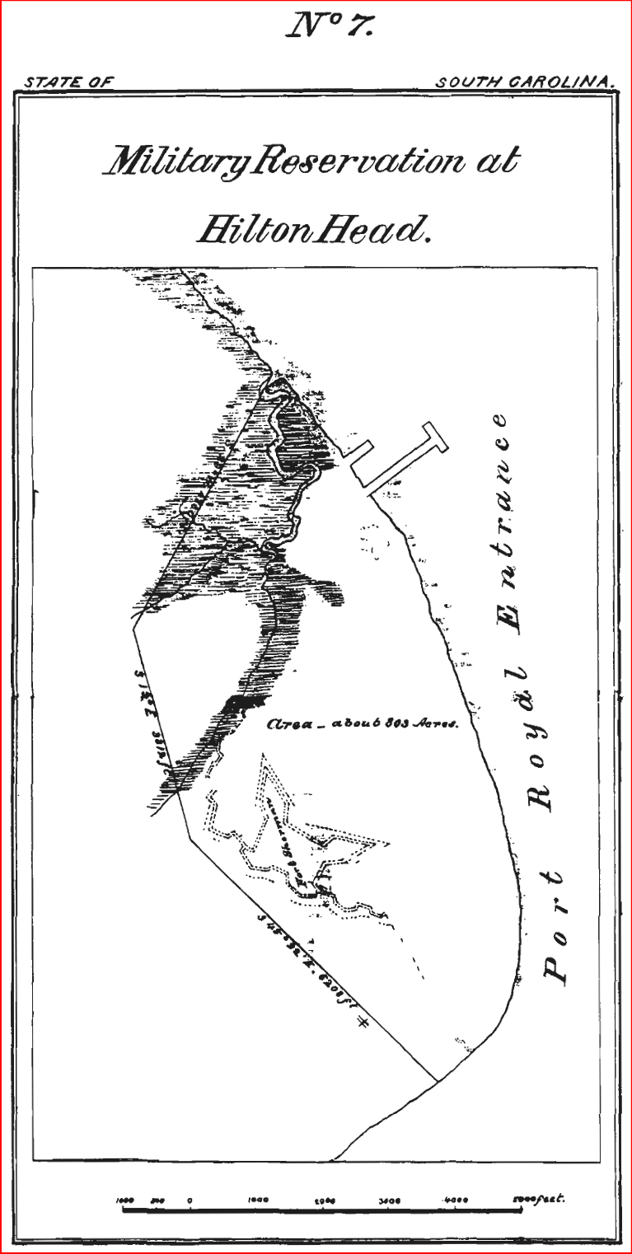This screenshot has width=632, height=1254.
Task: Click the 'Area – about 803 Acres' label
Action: (362, 725)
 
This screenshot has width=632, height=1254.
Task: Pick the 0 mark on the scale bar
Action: (190, 1200)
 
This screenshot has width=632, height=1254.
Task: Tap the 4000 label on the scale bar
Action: (455, 1200)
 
